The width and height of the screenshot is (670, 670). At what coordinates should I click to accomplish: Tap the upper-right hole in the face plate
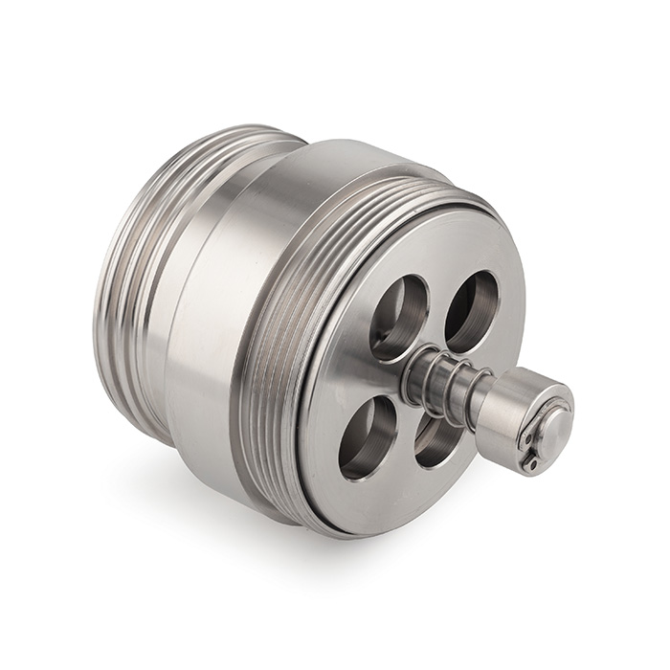(x=471, y=310)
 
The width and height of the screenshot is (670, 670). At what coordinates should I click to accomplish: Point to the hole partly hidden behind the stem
(x=437, y=441)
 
